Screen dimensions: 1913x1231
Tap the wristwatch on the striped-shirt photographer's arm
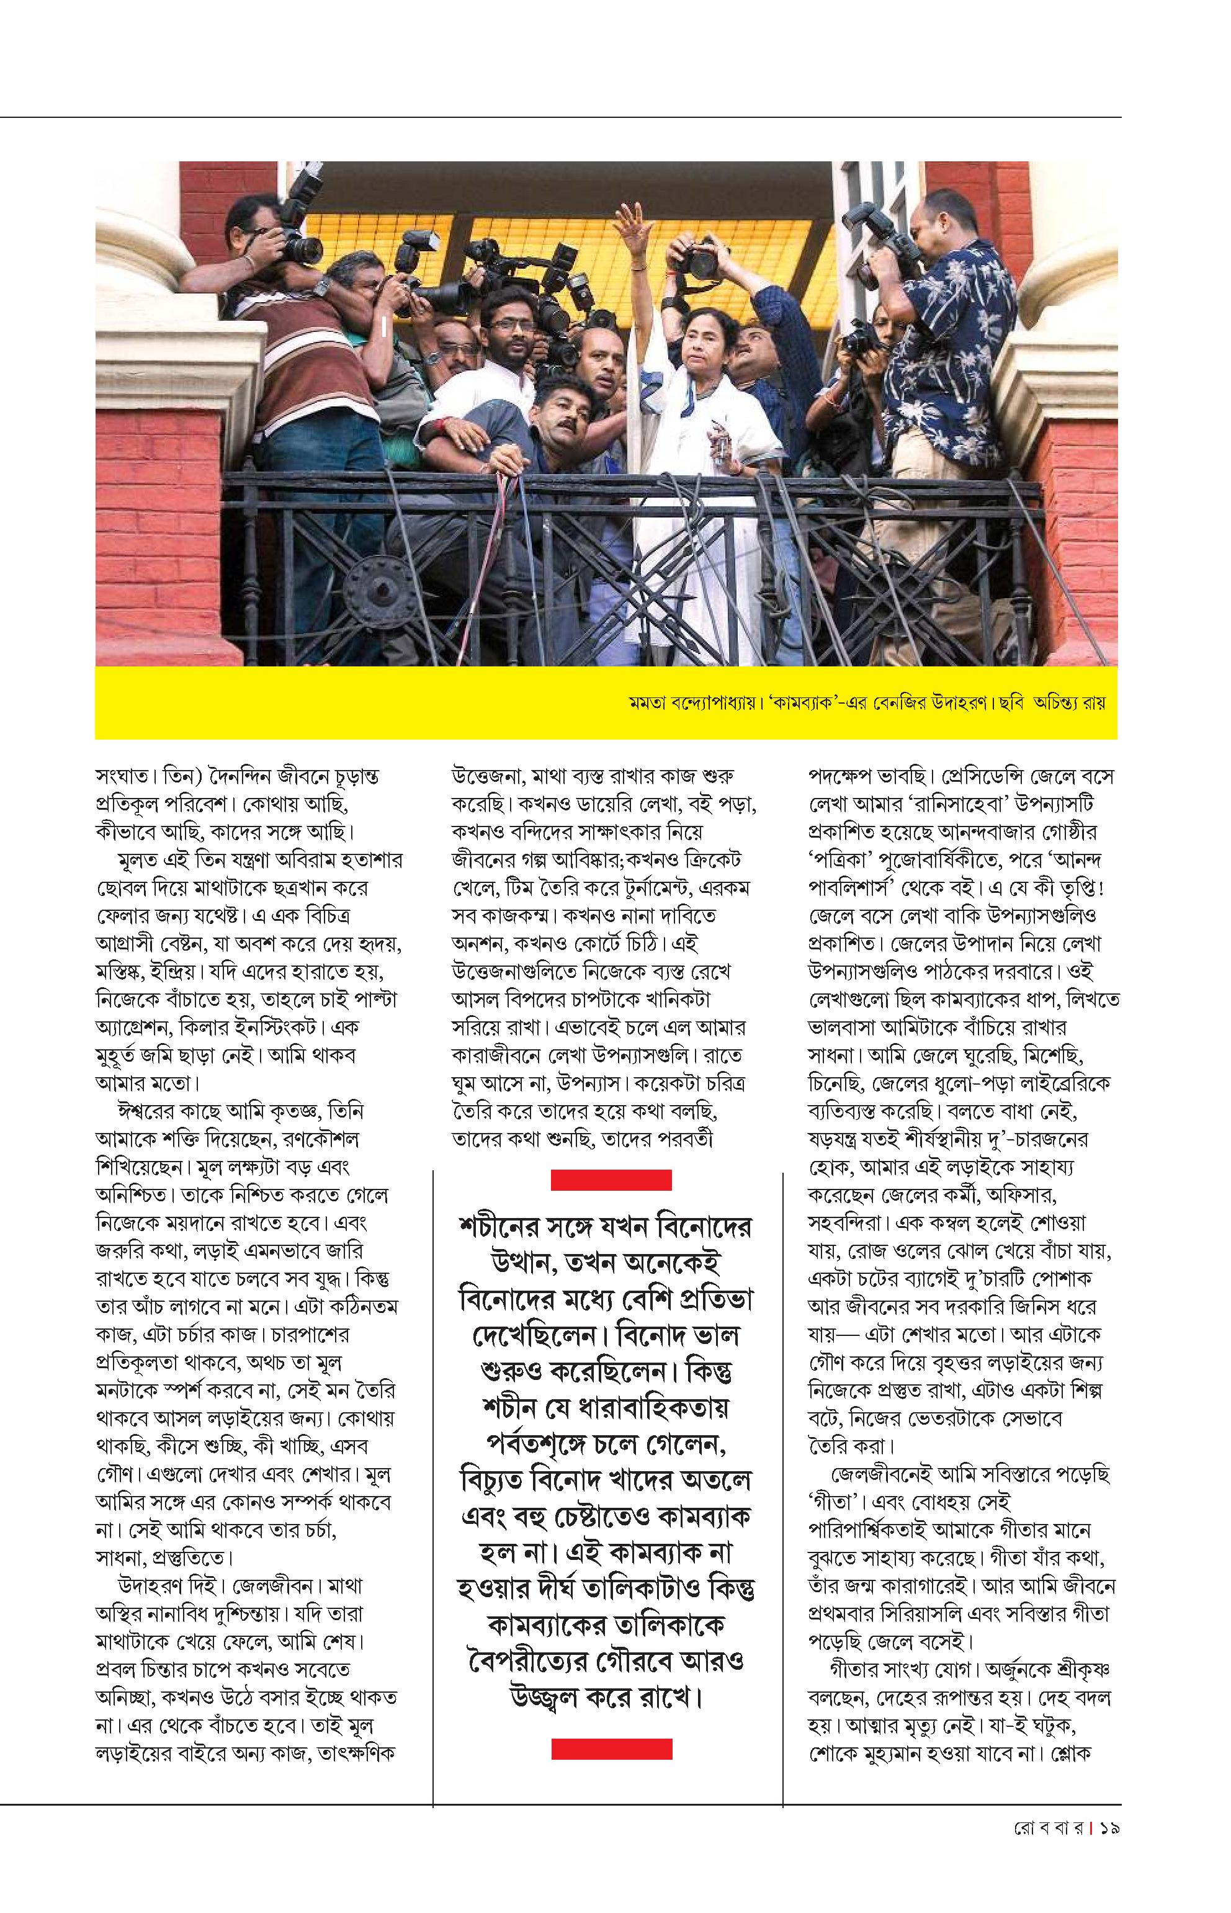(322, 285)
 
